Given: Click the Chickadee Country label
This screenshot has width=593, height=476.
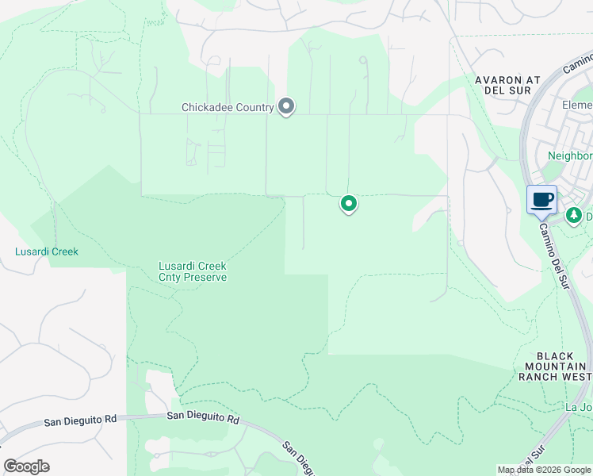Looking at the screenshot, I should point(228,107).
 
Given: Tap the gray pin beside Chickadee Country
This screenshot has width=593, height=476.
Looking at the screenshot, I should point(286,106).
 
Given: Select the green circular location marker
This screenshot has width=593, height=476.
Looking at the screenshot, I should point(348,204).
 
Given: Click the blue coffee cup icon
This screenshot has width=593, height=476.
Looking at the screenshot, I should point(542,199).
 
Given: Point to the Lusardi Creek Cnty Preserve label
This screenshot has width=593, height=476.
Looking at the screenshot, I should point(193,271).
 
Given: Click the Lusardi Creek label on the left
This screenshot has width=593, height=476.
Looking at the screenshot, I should point(47,251).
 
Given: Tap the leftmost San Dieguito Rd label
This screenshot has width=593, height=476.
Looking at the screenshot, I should point(80,419).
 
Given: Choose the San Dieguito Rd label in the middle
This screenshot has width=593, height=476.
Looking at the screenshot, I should point(203,416).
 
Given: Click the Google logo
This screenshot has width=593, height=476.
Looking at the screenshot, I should point(26,466).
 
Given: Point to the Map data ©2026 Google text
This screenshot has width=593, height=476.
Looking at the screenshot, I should point(543,470).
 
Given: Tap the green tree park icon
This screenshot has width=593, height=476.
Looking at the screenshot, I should point(573,215).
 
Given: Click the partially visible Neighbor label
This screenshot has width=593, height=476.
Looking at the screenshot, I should point(570,156).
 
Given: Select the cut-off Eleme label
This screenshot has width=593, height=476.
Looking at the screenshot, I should point(576,106).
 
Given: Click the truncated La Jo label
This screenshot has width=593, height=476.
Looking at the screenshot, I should point(578,407).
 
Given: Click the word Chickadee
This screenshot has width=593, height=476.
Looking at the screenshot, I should point(208,107).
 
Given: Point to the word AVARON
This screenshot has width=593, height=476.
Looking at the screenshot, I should point(498,80).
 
